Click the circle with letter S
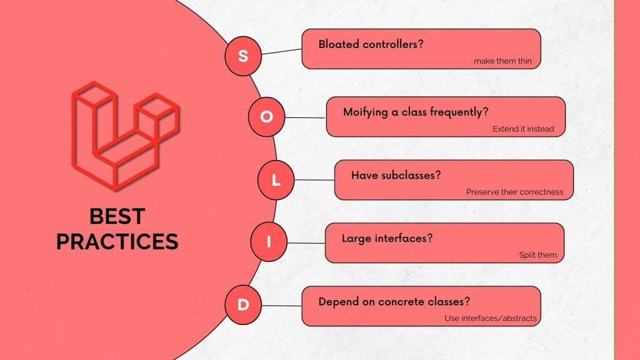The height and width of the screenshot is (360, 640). pyautogui.click(x=243, y=56)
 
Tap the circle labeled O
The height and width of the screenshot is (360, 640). pyautogui.click(x=267, y=117)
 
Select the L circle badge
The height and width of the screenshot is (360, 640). pyautogui.click(x=276, y=181)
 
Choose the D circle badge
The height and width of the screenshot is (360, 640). pyautogui.click(x=243, y=305)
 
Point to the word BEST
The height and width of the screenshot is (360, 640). pyautogui.click(x=117, y=216)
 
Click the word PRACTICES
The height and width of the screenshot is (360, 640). pyautogui.click(x=117, y=241)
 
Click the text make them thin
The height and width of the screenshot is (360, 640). pyautogui.click(x=502, y=61)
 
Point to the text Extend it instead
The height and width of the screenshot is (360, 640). pyautogui.click(x=523, y=129)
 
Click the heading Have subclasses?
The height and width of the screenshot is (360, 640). pyautogui.click(x=396, y=175)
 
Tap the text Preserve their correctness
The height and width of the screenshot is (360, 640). pyautogui.click(x=514, y=192)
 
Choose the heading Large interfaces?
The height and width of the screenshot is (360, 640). pyautogui.click(x=387, y=238)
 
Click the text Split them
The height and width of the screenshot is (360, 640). pyautogui.click(x=537, y=255)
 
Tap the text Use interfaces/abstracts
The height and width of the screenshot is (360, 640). pyautogui.click(x=491, y=318)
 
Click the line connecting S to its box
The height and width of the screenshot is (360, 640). pyautogui.click(x=281, y=52)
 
